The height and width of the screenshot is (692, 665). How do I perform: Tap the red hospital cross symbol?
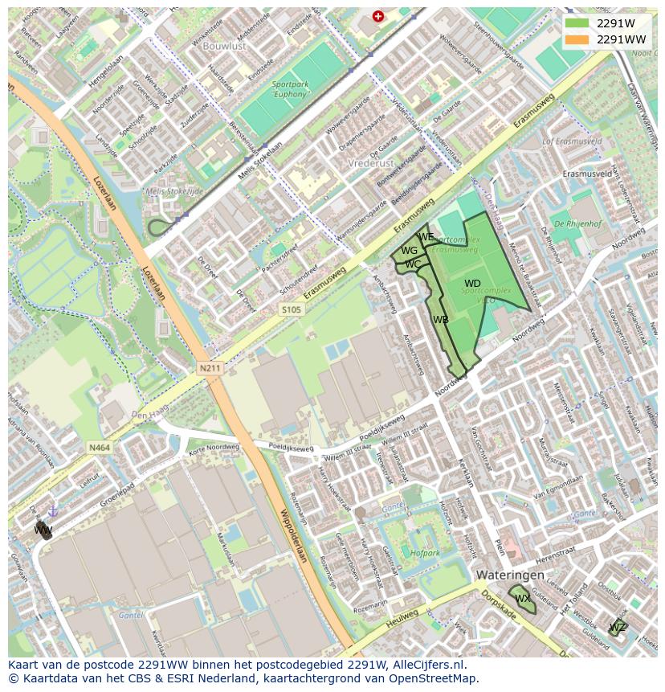click(378, 15)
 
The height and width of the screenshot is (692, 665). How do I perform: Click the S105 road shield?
click(292, 309)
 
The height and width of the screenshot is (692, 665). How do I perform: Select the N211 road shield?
click(210, 368)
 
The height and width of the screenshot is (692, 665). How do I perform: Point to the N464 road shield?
click(100, 447)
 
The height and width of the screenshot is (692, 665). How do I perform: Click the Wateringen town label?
click(509, 575)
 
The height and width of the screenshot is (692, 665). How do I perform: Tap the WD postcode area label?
click(472, 284)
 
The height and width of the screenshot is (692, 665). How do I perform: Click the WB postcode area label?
click(441, 320)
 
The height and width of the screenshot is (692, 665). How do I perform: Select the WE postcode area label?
click(426, 237)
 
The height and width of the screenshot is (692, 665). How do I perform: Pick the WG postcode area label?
click(409, 251)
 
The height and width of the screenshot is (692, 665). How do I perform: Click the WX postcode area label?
click(523, 599)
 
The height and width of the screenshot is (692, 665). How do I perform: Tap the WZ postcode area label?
click(618, 627)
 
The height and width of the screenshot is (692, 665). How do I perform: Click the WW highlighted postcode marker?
click(43, 530)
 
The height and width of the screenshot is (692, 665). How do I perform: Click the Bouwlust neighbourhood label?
click(224, 47)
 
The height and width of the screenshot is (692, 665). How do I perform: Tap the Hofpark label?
click(425, 553)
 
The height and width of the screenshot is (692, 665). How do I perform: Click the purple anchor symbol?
click(53, 510)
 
